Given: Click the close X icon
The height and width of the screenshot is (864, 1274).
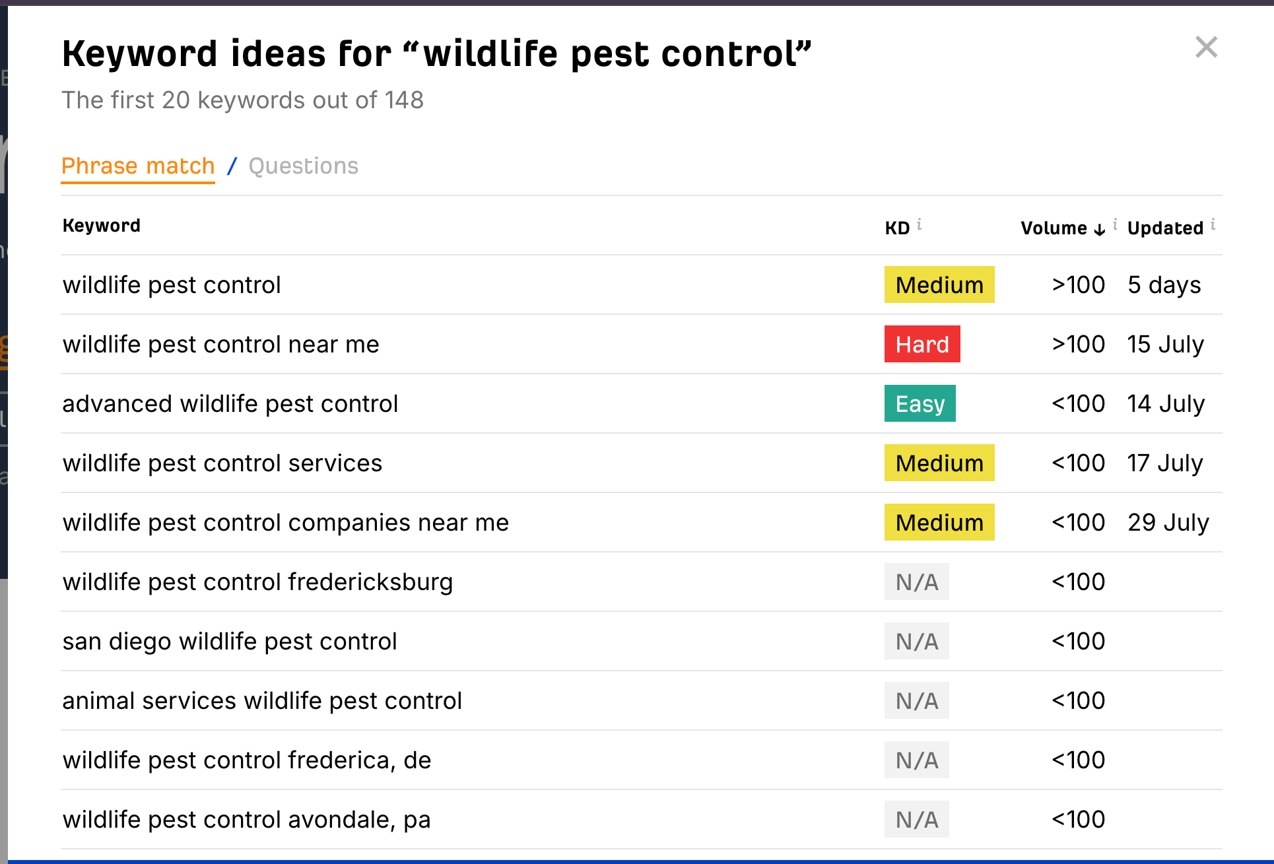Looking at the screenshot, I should (x=1206, y=48).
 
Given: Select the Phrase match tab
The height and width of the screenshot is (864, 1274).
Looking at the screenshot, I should (x=138, y=166).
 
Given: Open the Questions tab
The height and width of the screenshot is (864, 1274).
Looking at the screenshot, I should (x=303, y=166).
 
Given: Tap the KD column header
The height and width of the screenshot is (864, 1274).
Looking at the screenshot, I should (x=897, y=228).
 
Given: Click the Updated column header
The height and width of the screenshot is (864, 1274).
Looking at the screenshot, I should (x=1165, y=228).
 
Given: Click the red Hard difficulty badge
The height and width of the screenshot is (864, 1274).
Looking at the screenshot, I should (x=922, y=345).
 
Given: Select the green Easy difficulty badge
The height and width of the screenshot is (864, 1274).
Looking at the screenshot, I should (x=920, y=404).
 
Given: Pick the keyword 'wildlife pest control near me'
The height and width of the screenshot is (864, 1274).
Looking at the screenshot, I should (x=220, y=345).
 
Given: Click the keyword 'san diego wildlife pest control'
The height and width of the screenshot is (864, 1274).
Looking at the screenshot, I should (x=230, y=642).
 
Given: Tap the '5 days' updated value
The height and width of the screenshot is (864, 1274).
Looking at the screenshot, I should (x=1164, y=285).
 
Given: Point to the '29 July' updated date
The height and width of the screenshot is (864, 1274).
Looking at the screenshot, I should (x=1168, y=523).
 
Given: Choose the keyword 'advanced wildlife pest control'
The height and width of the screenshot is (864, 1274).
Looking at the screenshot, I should (x=230, y=404).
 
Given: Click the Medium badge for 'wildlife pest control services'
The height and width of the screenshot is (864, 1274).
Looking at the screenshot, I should (x=939, y=463).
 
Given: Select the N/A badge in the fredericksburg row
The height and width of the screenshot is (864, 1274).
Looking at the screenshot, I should (x=916, y=582).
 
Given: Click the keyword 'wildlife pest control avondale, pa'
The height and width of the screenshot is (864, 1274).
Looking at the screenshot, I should (x=246, y=820).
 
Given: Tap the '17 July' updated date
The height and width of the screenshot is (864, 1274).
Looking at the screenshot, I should (x=1164, y=463).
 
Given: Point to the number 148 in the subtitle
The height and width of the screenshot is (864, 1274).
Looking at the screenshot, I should (x=404, y=100).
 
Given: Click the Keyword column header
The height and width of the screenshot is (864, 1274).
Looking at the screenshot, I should (x=102, y=226).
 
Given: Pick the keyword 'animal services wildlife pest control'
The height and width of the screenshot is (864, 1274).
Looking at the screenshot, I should (x=262, y=701).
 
